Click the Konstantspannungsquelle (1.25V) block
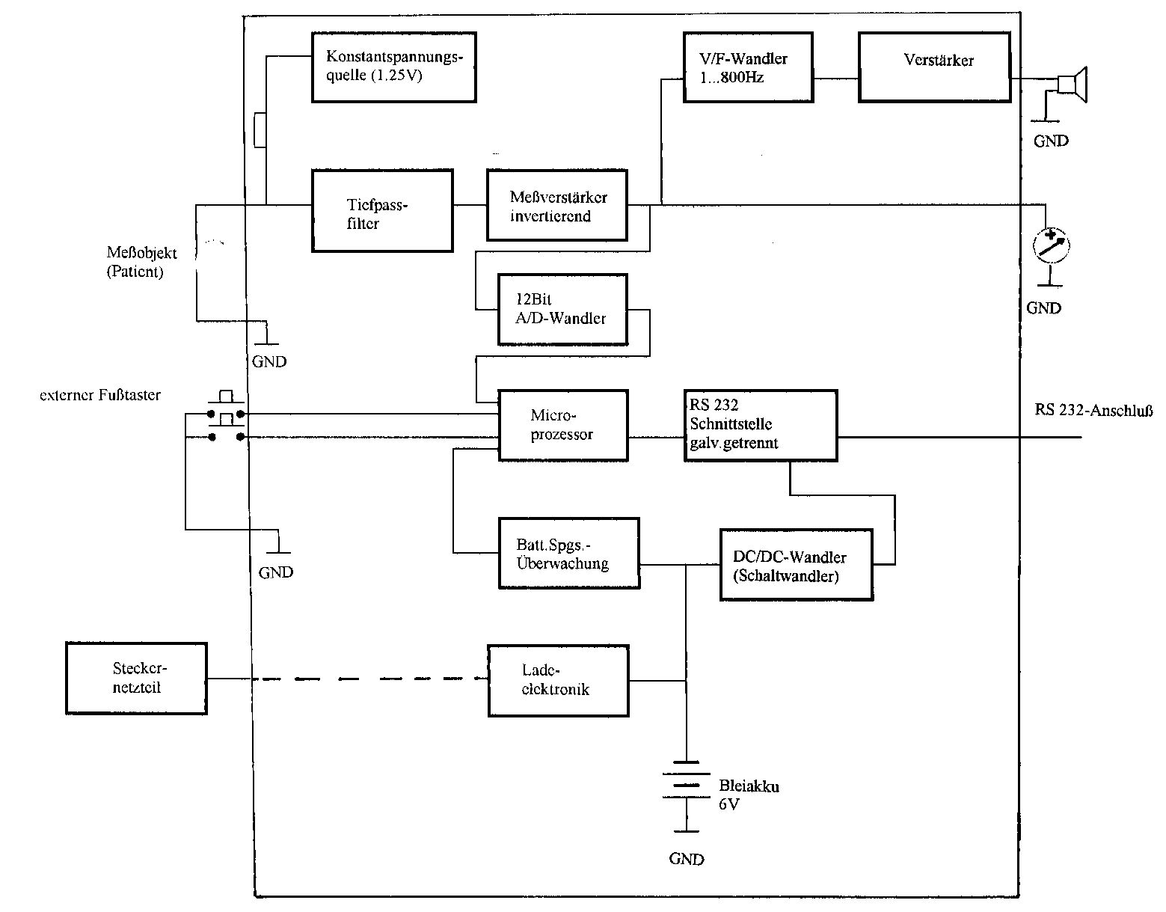pyautogui.click(x=393, y=67)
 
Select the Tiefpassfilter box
pyautogui.click(x=382, y=210)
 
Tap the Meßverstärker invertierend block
pyautogui.click(x=556, y=205)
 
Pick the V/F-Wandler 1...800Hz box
pyautogui.click(x=748, y=67)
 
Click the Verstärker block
pyautogui.click(x=933, y=67)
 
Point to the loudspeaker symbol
pyautogui.click(x=1073, y=83)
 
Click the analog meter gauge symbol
pyautogui.click(x=1050, y=245)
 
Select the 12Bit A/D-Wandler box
pyautogui.click(x=562, y=309)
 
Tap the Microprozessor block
pyautogui.click(x=562, y=425)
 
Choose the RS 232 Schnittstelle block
pyautogui.click(x=761, y=425)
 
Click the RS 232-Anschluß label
pyautogui.click(x=1093, y=410)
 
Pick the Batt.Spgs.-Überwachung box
pyautogui.click(x=568, y=553)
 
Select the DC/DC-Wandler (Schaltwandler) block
pyautogui.click(x=796, y=565)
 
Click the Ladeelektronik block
pyautogui.click(x=558, y=680)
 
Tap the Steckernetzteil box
pyautogui.click(x=136, y=678)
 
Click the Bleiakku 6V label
pyautogui.click(x=748, y=795)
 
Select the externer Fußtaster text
pyautogui.click(x=100, y=395)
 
